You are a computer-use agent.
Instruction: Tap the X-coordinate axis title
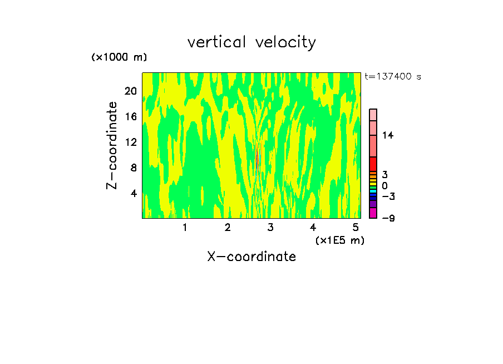(x=251, y=257)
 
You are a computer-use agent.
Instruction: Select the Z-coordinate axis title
(x=112, y=145)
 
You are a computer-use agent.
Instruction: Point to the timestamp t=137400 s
(x=392, y=77)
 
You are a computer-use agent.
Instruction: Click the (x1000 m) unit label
(x=119, y=57)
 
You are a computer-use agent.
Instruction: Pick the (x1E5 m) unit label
(x=339, y=240)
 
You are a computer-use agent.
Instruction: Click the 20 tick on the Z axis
(x=130, y=91)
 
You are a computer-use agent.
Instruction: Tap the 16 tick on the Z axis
(x=130, y=116)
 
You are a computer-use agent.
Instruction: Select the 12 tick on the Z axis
(x=130, y=142)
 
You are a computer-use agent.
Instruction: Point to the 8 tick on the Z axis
(x=133, y=168)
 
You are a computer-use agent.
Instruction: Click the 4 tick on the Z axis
(x=133, y=193)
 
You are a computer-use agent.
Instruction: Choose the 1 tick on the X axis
(x=185, y=227)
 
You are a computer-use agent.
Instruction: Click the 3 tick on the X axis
(x=270, y=227)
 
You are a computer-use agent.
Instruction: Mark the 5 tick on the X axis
(x=356, y=227)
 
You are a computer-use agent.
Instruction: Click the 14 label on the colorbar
(x=388, y=135)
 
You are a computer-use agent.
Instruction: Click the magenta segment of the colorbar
(x=373, y=213)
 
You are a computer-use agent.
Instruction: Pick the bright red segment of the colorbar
(x=373, y=164)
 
